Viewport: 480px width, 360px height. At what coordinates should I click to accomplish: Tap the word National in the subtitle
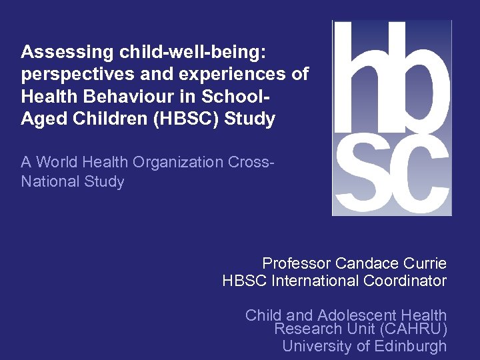(x=51, y=182)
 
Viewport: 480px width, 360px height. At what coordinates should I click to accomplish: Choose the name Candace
(x=365, y=263)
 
